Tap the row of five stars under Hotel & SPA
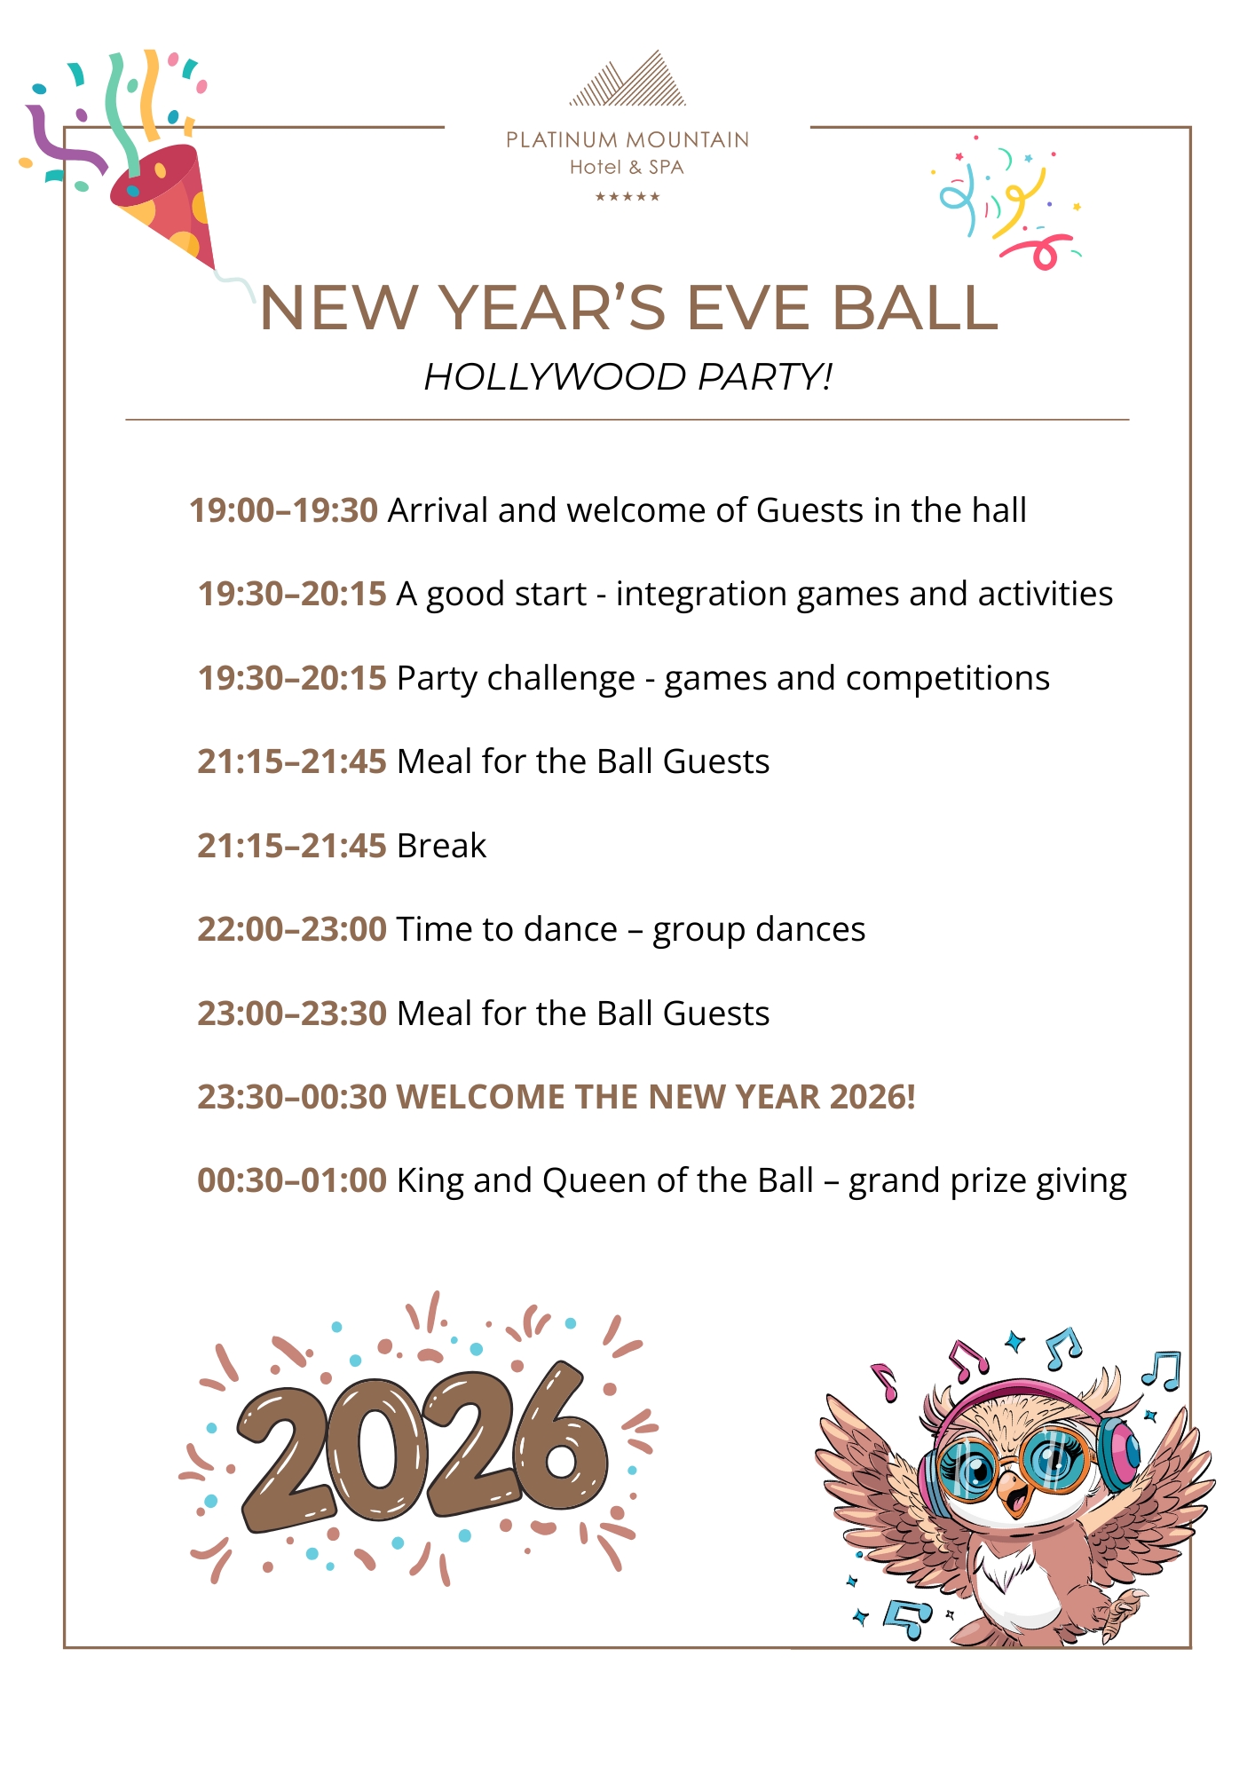pos(627,197)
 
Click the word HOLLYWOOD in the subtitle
pos(556,376)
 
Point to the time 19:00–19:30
pos(284,510)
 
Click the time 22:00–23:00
pos(292,929)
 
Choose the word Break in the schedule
pos(441,846)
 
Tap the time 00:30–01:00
pos(292,1180)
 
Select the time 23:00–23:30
pos(292,1014)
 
